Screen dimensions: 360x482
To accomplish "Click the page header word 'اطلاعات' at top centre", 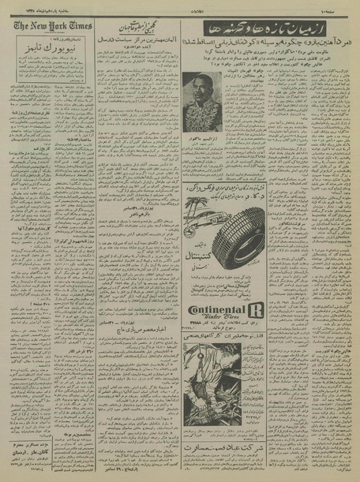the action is [182, 5].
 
